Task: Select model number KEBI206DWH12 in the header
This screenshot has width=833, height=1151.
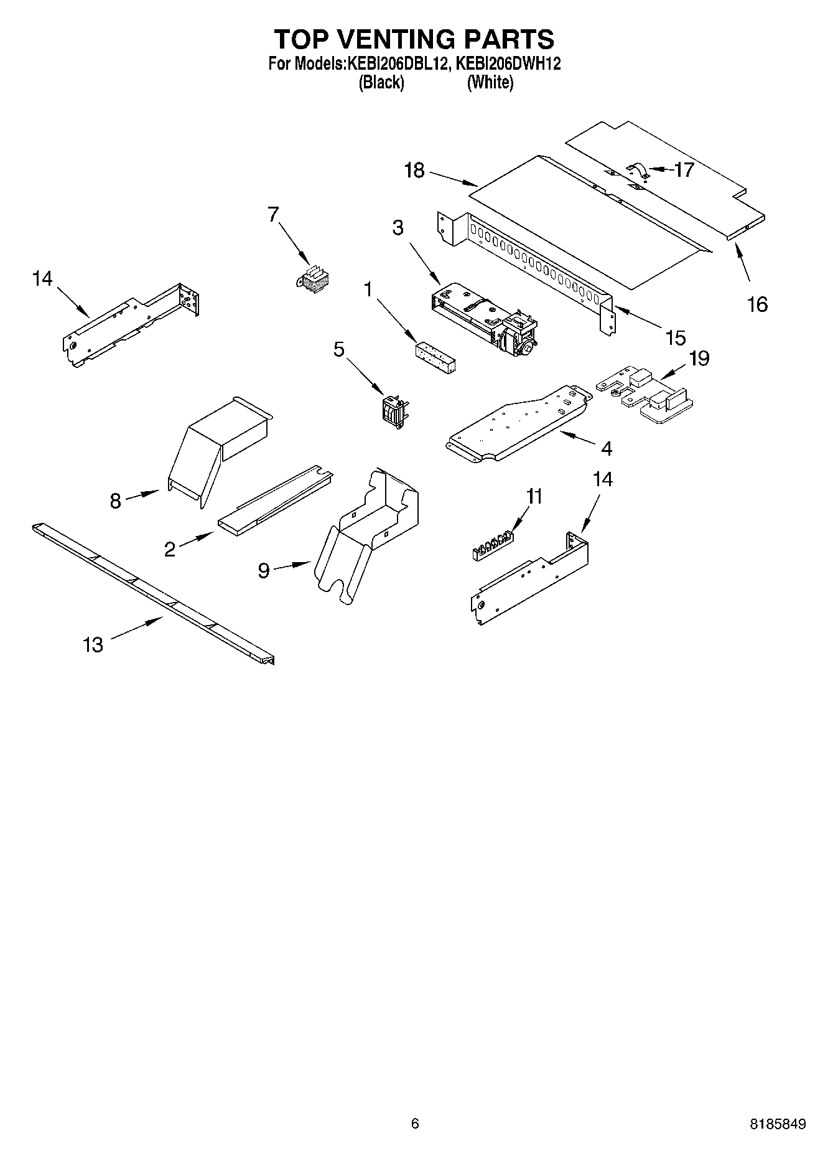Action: (x=508, y=63)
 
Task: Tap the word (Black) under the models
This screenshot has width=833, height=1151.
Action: (x=381, y=82)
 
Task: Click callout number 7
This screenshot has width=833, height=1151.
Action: (x=272, y=214)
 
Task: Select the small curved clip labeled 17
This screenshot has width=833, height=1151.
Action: (x=638, y=171)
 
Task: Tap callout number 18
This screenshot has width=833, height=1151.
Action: (x=414, y=171)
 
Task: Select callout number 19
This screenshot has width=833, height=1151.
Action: (x=699, y=359)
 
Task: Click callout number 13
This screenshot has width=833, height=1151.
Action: (x=93, y=644)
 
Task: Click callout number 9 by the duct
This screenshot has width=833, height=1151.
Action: (x=264, y=570)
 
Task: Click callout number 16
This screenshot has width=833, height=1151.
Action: (x=757, y=304)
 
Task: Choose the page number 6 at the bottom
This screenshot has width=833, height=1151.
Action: (x=415, y=1123)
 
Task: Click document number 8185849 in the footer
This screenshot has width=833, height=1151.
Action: (x=778, y=1124)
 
